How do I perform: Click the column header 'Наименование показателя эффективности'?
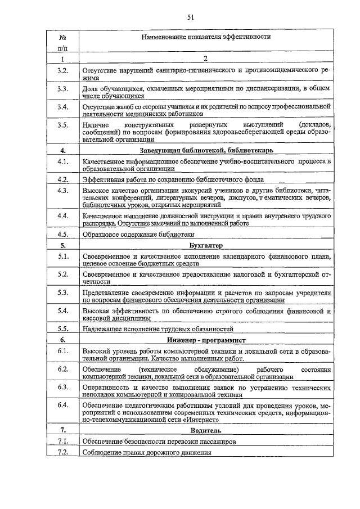(205, 37)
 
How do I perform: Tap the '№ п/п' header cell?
(62, 43)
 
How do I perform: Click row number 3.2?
(62, 70)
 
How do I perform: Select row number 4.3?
(62, 191)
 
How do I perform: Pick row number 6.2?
(62, 368)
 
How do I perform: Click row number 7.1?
(62, 441)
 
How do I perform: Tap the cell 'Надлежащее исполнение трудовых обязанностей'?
(157, 329)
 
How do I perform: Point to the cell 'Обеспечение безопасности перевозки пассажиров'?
(159, 442)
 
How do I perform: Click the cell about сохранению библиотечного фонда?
(172, 180)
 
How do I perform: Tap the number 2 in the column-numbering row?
(205, 58)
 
